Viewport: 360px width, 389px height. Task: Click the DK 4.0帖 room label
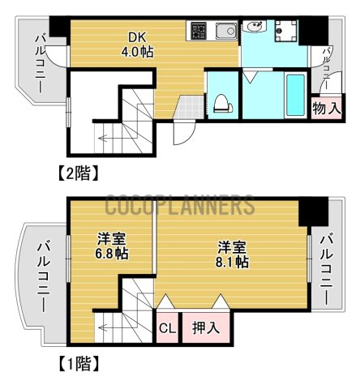136,44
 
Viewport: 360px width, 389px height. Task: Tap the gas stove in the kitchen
199,32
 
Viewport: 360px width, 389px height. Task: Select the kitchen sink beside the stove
223,32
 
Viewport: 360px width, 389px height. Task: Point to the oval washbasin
254,28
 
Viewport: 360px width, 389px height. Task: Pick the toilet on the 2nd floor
221,101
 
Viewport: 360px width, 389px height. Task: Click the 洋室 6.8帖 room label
113,246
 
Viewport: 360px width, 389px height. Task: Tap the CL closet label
165,329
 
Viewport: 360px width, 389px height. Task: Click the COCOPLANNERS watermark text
179,205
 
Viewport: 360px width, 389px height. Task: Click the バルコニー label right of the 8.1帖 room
327,268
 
